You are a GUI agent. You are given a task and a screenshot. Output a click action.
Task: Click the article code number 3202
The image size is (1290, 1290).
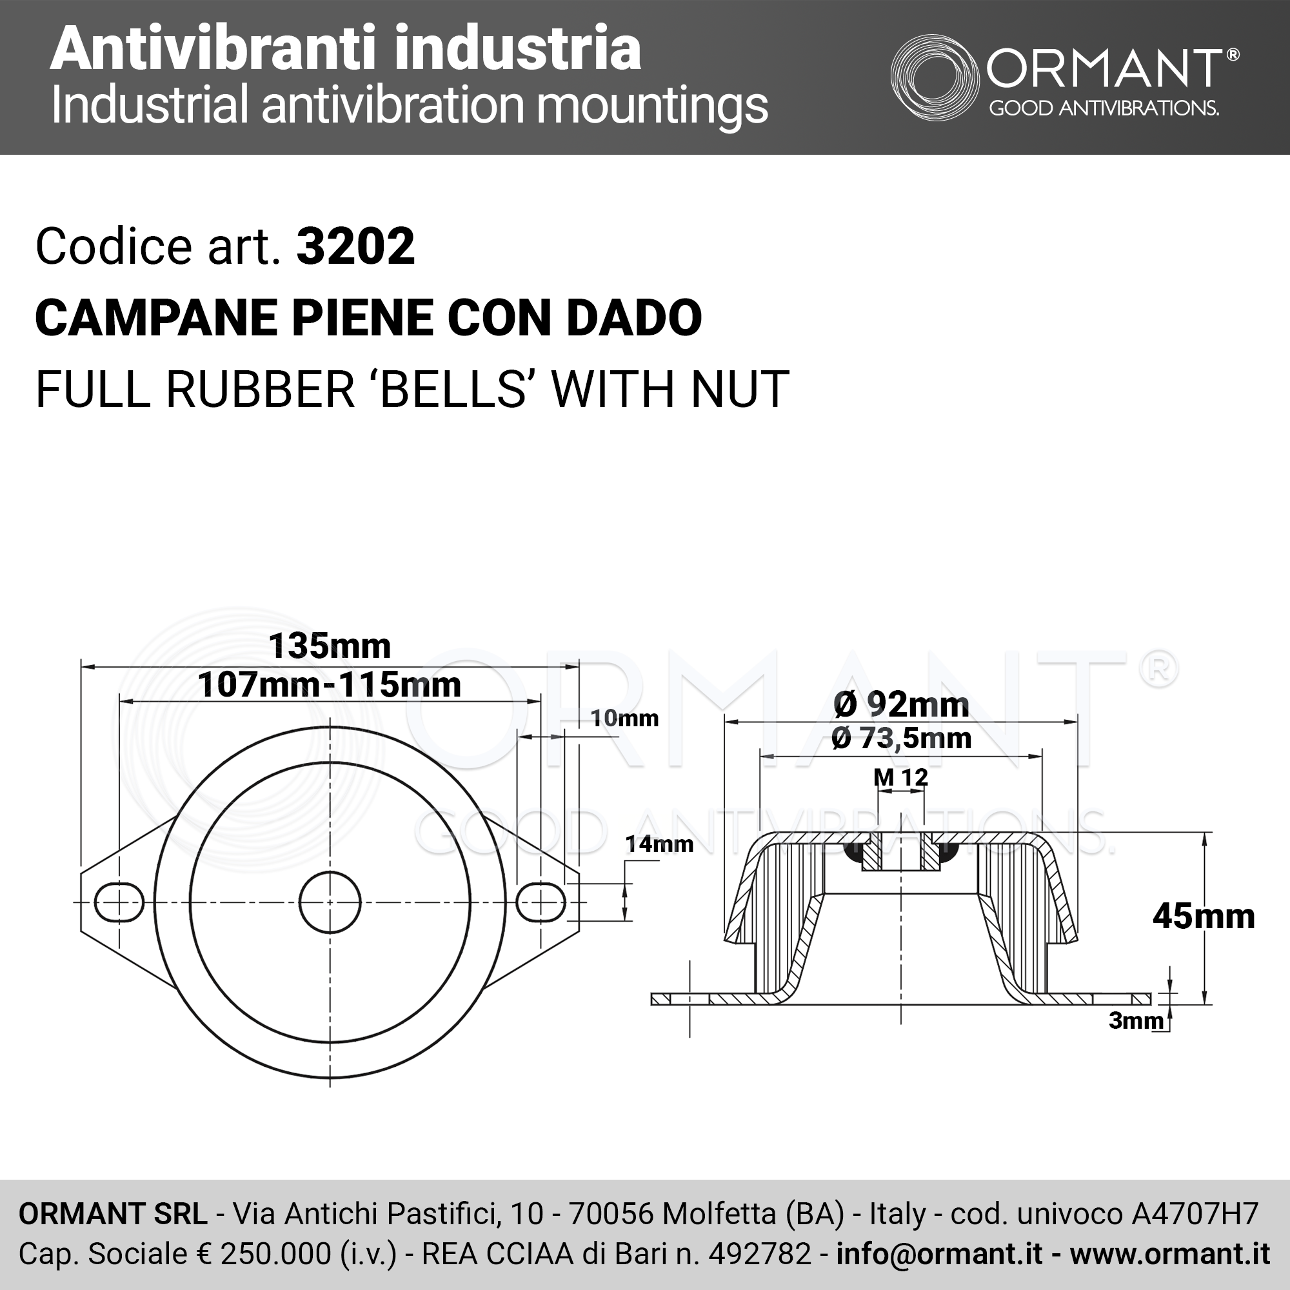355,246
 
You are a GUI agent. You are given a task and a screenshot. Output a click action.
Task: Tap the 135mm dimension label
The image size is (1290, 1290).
329,646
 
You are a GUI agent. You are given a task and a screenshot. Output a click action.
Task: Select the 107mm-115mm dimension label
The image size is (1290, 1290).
329,684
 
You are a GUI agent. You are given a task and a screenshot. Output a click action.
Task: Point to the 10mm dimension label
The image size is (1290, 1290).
624,719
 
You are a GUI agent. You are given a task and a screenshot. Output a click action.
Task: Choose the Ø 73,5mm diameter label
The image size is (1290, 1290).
902,738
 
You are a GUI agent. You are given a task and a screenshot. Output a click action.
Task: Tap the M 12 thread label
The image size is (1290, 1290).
900,777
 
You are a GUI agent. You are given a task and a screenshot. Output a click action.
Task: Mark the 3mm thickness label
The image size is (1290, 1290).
1136,1020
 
